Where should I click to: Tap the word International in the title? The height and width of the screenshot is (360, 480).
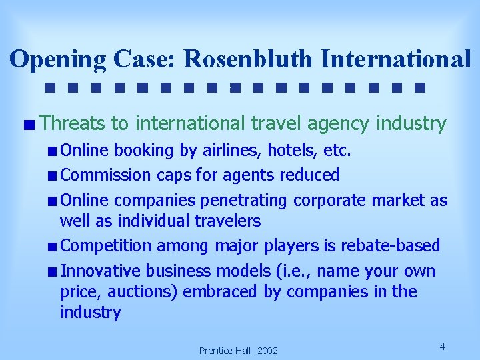[395, 59]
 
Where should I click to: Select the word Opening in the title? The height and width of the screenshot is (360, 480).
[57, 59]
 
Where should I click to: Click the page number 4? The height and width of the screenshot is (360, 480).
[443, 346]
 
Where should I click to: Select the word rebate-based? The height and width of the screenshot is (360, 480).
[391, 245]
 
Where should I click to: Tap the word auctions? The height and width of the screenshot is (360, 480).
[145, 292]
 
